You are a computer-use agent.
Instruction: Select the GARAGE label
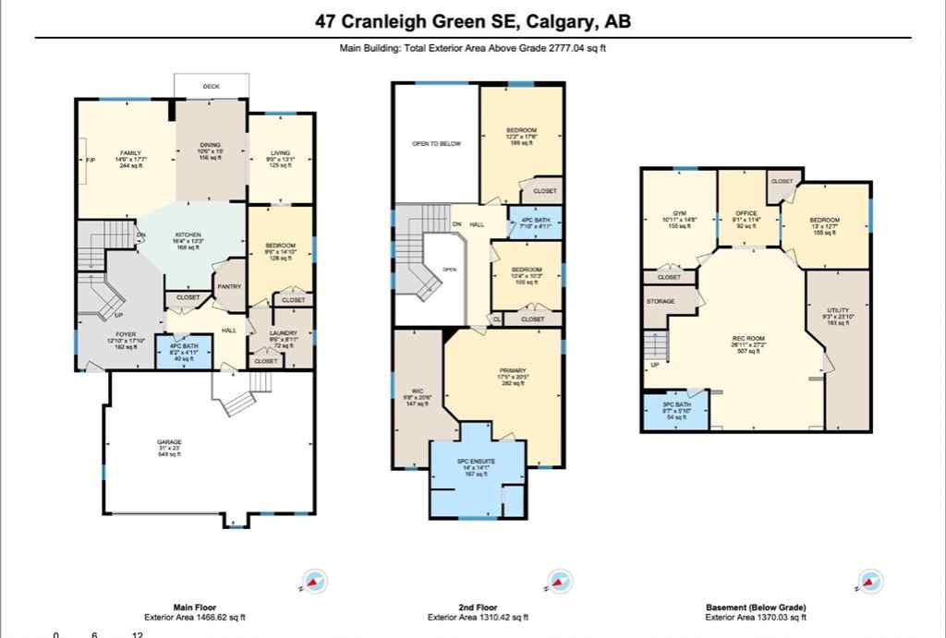point(169,442)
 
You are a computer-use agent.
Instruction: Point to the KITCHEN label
point(188,235)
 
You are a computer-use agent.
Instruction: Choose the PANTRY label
point(229,286)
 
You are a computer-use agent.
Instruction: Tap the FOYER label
point(126,335)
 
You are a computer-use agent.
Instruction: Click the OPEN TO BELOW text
point(435,144)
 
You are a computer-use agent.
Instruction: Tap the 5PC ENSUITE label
point(477,461)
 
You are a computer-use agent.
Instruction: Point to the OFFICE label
point(746,213)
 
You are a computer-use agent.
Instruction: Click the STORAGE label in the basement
point(661,301)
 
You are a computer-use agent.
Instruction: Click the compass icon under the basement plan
point(869,582)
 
